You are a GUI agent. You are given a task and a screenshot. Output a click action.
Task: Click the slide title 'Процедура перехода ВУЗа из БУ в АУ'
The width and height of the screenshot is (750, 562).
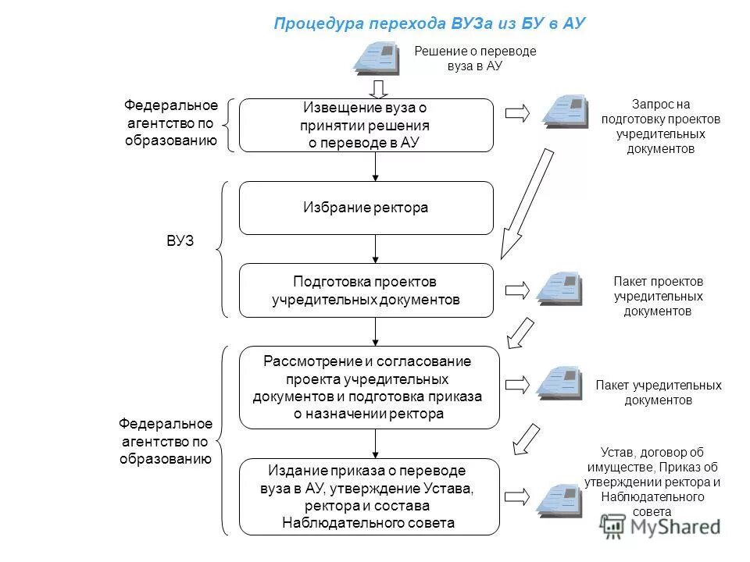click(x=429, y=23)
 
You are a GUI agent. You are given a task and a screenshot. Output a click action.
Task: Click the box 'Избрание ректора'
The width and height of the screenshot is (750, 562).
click(x=366, y=208)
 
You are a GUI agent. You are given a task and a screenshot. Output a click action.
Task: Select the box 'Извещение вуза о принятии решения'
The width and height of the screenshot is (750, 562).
click(x=366, y=125)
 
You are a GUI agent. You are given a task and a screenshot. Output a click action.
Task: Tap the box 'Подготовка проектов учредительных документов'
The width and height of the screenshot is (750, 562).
click(x=366, y=290)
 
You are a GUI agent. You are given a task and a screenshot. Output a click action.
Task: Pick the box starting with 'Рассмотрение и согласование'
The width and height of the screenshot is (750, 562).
click(x=369, y=387)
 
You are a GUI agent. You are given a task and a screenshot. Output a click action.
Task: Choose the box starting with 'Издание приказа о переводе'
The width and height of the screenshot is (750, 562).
click(x=369, y=496)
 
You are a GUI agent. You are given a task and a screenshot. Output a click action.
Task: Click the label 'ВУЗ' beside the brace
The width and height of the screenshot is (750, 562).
click(x=180, y=241)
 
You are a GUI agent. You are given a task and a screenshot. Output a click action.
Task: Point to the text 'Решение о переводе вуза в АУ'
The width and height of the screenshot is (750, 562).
click(x=475, y=59)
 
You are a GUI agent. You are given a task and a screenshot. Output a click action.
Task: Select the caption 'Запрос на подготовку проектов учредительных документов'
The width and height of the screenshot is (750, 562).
click(x=660, y=126)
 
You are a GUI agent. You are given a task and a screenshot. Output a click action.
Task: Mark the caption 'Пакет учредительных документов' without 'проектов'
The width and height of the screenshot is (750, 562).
click(x=658, y=393)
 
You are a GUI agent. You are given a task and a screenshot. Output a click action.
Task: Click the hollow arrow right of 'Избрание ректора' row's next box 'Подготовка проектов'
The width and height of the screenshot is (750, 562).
click(x=517, y=290)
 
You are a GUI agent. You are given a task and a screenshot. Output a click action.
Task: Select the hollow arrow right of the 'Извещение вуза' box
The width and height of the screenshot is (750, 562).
click(x=517, y=114)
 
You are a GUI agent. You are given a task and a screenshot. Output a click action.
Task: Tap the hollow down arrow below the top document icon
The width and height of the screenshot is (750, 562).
click(x=377, y=87)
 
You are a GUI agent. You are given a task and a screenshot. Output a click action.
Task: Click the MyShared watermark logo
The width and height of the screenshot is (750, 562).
click(x=661, y=526)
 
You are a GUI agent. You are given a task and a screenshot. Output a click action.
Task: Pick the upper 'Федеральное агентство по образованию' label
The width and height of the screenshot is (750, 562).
click(x=171, y=123)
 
